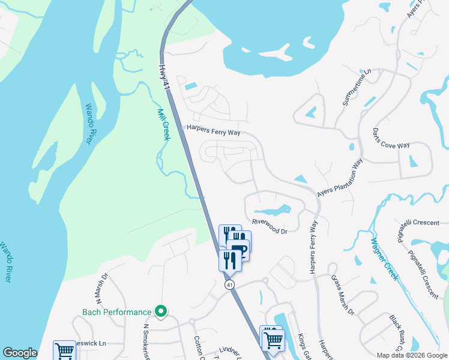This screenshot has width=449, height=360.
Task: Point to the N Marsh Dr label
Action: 100,289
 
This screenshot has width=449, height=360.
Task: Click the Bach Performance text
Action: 116,312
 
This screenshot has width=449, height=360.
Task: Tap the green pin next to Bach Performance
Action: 160,311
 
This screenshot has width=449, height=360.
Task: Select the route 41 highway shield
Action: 229,285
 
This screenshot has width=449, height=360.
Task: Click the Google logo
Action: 20,353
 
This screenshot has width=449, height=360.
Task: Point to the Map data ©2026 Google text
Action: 411,355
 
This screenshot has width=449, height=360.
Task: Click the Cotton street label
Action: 197,346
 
